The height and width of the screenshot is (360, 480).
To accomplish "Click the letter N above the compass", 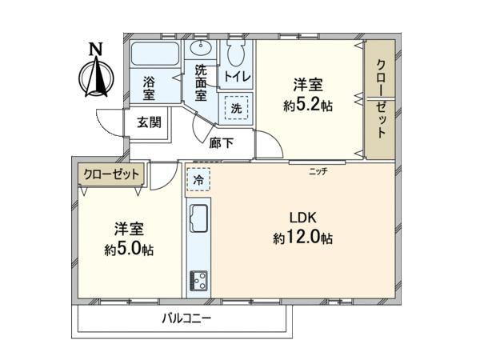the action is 95,49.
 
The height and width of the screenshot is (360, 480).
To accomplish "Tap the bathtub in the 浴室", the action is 155,54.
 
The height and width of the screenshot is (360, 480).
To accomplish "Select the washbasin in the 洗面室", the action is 201,48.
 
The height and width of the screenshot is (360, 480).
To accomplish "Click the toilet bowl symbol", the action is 235,52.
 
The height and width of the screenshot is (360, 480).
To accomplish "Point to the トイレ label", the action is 238,76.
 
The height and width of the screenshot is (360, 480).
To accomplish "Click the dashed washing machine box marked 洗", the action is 236,108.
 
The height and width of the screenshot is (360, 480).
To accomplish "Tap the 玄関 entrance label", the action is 149,122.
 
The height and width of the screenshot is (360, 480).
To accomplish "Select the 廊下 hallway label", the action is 222,143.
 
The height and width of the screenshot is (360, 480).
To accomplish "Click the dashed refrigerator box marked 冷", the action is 198,179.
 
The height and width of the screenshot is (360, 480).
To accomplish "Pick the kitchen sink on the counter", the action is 198,218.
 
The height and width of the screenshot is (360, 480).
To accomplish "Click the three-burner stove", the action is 198,281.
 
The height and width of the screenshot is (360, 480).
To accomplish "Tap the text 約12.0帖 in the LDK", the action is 302,238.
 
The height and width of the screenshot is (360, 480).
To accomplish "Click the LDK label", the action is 302,218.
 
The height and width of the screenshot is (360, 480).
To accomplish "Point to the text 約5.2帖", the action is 308,106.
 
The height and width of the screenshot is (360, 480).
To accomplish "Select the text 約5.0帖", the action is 129,250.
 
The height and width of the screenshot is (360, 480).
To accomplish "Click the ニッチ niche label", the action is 318,171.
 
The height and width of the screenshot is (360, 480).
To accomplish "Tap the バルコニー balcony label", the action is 186,318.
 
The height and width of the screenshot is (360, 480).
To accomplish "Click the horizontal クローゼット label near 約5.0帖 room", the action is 111,174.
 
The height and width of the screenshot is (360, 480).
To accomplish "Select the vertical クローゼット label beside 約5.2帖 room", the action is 381,98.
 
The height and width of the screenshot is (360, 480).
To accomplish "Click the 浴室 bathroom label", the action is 149,89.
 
